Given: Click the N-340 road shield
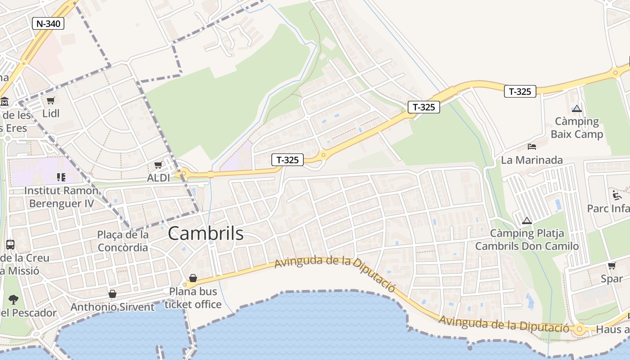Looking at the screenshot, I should point(48,23).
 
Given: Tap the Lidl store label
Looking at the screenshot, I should point(51,113).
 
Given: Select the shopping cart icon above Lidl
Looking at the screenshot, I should point(50,101).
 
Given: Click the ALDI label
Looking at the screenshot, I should point(159,178).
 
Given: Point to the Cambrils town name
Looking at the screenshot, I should point(206,234).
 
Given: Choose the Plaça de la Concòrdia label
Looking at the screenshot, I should point(123,241).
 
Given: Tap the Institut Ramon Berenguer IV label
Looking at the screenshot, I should point(61,197).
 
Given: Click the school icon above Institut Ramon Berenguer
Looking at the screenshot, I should point(61,177).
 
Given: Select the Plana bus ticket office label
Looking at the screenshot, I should point(193,298).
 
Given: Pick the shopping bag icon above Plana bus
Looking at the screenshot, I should point(193,278).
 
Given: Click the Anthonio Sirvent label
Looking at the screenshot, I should point(112,307).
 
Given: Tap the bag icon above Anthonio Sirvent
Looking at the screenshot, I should point(112,294).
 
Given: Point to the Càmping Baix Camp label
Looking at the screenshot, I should point(577,128).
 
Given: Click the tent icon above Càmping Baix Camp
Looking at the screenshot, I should point(577,108).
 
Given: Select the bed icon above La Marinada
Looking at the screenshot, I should point(532,147).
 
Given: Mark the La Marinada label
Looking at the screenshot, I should point(532,160).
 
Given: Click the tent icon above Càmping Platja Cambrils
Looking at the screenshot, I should point(527,221).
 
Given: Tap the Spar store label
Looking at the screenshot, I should point(612,279).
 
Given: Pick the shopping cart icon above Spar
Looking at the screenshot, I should point(612,266).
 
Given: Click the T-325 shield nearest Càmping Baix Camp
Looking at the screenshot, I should point(520,91).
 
